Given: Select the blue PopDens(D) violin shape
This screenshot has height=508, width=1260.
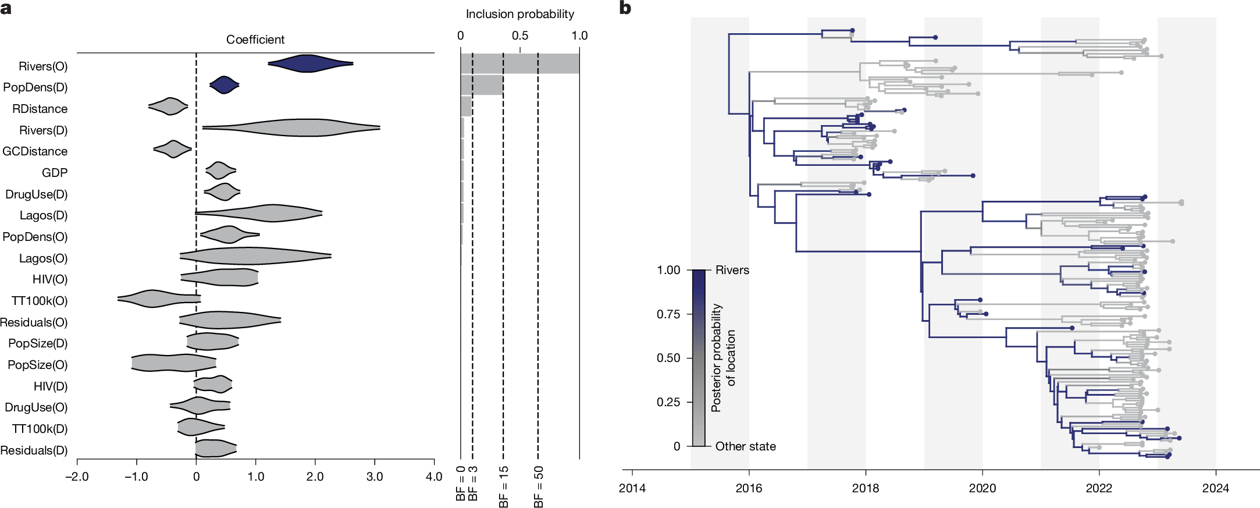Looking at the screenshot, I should click(224, 85).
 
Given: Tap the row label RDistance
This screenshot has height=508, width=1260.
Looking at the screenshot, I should click(40, 109).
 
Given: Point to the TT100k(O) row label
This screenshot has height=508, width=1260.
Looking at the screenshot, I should click(39, 301).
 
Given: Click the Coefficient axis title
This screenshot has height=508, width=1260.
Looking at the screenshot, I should click(255, 40).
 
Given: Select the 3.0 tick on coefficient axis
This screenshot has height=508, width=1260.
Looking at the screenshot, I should click(374, 477).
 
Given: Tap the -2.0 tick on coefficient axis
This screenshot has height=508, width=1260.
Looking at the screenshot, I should click(77, 477).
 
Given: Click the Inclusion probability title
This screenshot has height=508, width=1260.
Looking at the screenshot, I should click(519, 14).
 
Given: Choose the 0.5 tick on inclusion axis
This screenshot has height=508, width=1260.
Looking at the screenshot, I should click(519, 35).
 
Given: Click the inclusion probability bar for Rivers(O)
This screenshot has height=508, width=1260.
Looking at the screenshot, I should click(519, 63).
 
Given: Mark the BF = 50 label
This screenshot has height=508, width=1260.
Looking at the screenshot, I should click(538, 486).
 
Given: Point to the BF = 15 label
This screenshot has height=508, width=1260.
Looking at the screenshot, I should click(503, 486).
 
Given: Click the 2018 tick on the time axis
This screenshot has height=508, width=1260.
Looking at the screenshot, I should click(866, 488).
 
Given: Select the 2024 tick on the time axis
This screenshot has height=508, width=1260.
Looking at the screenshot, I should click(1215, 488).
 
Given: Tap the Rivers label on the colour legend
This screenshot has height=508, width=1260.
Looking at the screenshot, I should click(732, 270).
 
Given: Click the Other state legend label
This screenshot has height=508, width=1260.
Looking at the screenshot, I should click(745, 446).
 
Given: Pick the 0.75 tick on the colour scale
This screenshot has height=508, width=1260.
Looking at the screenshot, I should click(668, 314).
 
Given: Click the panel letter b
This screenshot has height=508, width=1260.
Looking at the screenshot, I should click(625, 8).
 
